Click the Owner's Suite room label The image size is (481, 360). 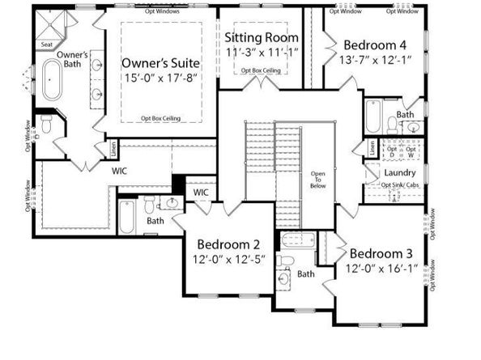tap(160, 62)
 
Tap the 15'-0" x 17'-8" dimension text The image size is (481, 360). tap(160, 78)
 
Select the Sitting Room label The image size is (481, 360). tap(261, 38)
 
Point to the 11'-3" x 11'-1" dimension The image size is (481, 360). tap(261, 53)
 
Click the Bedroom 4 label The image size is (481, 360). tap(376, 44)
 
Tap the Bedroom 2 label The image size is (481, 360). tap(228, 244)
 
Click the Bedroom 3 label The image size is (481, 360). tap(381, 252)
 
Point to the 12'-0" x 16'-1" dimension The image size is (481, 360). tap(381, 268)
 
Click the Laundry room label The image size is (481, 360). tap(400, 173)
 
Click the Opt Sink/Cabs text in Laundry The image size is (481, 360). tap(398, 185)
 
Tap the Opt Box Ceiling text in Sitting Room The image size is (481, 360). tap(261, 70)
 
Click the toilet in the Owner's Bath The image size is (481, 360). tap(47, 124)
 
